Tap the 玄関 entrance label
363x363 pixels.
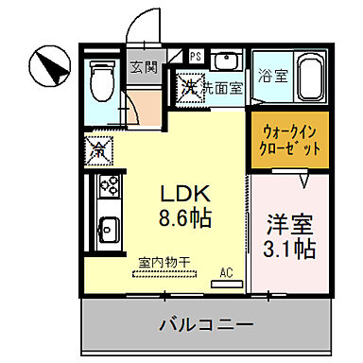point(144,68)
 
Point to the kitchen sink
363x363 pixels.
point(107,228)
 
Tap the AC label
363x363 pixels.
point(227,272)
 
